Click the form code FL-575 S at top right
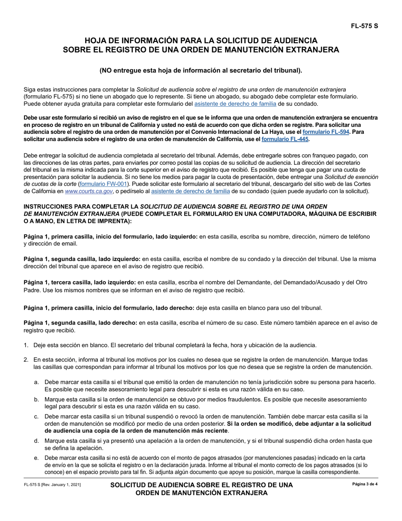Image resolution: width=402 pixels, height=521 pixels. [x=363, y=26]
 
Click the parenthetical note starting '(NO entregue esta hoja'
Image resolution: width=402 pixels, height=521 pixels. [x=201, y=70]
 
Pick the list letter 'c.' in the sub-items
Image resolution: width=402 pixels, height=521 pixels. [x=37, y=416]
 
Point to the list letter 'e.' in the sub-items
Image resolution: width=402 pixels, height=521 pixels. [x=37, y=458]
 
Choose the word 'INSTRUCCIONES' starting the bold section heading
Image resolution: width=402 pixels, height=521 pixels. [x=50, y=206]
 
